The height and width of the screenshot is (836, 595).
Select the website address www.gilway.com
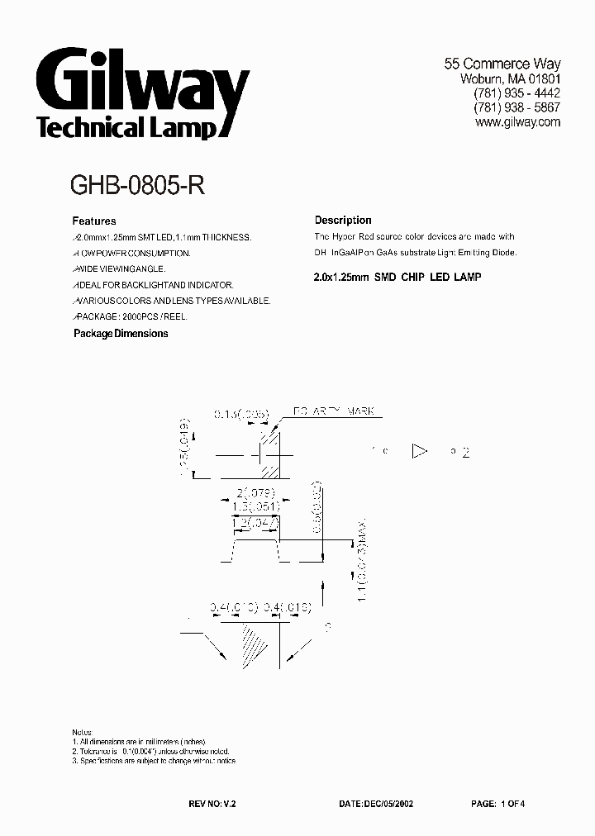tap(518, 121)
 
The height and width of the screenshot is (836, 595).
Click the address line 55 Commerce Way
tap(502, 64)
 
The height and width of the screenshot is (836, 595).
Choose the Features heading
tap(94, 221)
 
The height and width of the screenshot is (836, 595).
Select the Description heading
tap(343, 221)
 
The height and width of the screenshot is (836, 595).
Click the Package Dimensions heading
tap(121, 334)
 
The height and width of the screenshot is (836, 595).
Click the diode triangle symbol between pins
tap(420, 451)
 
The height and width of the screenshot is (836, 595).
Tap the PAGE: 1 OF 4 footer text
tap(497, 803)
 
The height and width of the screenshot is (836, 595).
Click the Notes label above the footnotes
tap(82, 733)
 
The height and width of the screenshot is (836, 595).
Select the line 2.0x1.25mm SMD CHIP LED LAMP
tap(397, 277)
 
